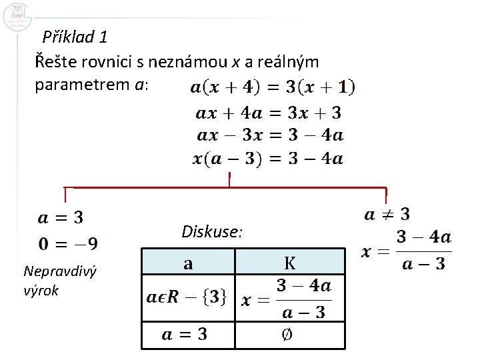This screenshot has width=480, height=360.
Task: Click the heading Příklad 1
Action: pyautogui.click(x=75, y=36)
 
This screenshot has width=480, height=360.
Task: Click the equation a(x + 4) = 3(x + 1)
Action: pyautogui.click(x=273, y=87)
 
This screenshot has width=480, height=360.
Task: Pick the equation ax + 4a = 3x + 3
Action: pyautogui.click(x=269, y=112)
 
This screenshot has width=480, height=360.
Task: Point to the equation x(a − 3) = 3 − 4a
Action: pyautogui.click(x=268, y=159)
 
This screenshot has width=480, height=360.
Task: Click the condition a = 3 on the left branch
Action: pyautogui.click(x=60, y=217)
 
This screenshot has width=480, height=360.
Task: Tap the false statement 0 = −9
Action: pyautogui.click(x=68, y=243)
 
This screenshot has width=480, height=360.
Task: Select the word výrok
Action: pyautogui.click(x=41, y=291)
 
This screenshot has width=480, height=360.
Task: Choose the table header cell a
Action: pyautogui.click(x=188, y=263)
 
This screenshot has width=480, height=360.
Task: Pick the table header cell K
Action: pyautogui.click(x=290, y=263)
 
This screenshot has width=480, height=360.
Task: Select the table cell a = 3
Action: pyautogui.click(x=183, y=334)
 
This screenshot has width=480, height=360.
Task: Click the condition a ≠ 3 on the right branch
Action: pyautogui.click(x=387, y=215)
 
